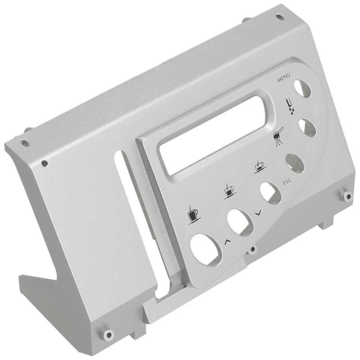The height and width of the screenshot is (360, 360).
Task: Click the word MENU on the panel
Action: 284,77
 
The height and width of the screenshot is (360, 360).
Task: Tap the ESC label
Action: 287,181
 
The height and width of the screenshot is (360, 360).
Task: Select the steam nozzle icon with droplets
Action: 290,106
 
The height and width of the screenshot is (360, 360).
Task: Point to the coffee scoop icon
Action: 278,136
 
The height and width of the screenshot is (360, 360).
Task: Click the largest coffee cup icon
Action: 193,215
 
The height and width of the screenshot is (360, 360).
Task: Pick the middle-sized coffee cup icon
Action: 229,191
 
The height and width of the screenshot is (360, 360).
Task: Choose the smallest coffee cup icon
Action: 259,166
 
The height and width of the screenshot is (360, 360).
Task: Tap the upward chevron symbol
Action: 227,241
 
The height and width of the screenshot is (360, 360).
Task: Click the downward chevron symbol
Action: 259,213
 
